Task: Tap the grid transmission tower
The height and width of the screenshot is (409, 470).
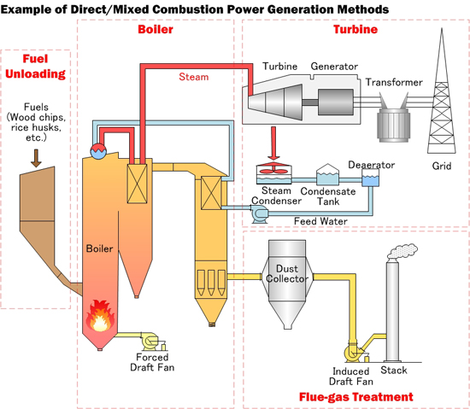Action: tap(442, 94)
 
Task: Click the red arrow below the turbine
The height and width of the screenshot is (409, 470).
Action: tap(273, 140)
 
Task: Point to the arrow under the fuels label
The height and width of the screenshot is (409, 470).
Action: tap(34, 156)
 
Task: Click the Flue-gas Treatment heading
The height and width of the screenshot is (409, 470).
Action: tap(355, 397)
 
